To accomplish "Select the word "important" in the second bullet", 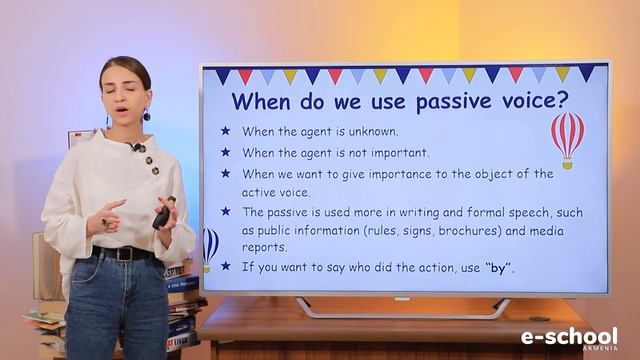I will tap(393, 153).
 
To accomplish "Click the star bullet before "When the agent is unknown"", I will tap(225, 131).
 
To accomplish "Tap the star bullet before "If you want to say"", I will tap(225, 267).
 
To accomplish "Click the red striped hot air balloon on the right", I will tap(567, 135).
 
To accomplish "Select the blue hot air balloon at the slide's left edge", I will tap(210, 246).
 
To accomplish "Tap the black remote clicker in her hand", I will tap(163, 213).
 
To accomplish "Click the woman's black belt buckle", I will tap(124, 254).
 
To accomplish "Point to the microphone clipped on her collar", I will tap(134, 147).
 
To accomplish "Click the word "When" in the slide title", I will tap(262, 101).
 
